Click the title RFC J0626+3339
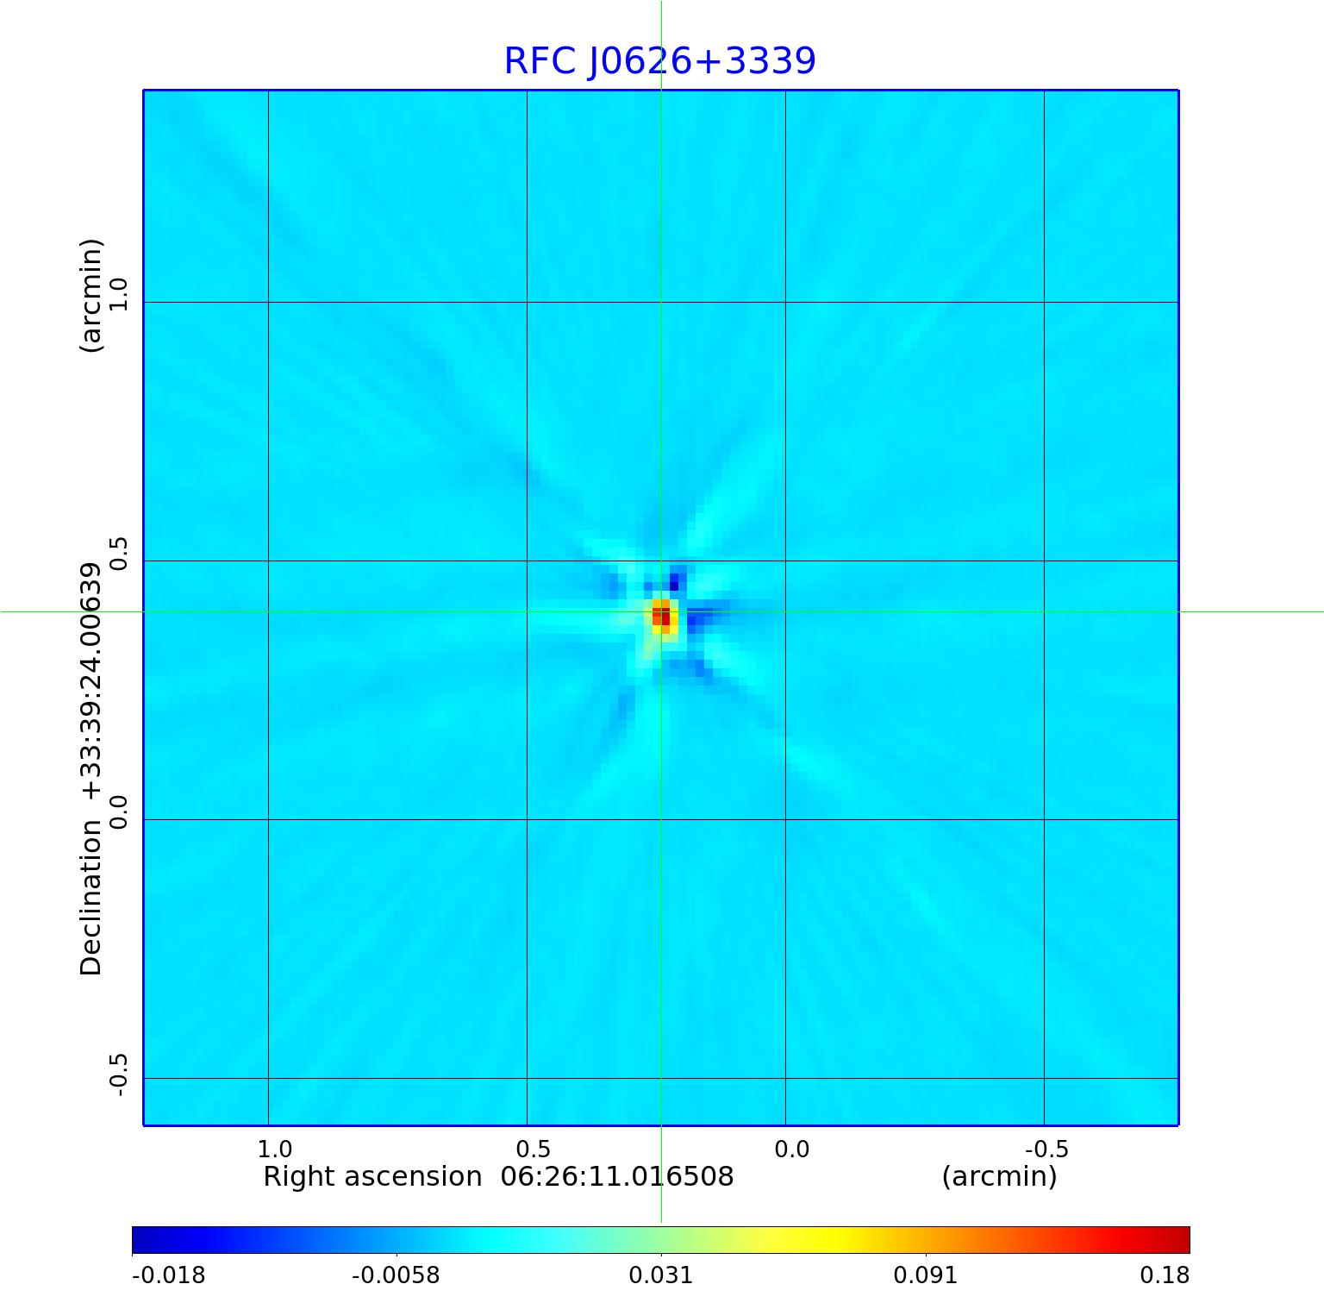click(x=659, y=61)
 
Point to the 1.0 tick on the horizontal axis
click(x=274, y=1149)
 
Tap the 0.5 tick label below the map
click(x=533, y=1149)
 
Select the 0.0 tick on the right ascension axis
click(x=791, y=1149)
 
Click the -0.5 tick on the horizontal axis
click(x=1046, y=1149)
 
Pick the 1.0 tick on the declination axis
click(x=118, y=294)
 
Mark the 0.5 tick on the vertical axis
click(x=118, y=553)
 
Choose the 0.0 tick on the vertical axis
click(x=118, y=811)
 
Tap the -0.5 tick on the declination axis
click(x=118, y=1074)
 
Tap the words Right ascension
click(x=372, y=1176)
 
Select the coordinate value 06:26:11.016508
click(x=617, y=1176)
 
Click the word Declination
click(x=91, y=897)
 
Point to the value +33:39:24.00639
click(x=91, y=681)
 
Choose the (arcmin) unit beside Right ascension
click(x=999, y=1176)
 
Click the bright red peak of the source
click(x=661, y=616)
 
